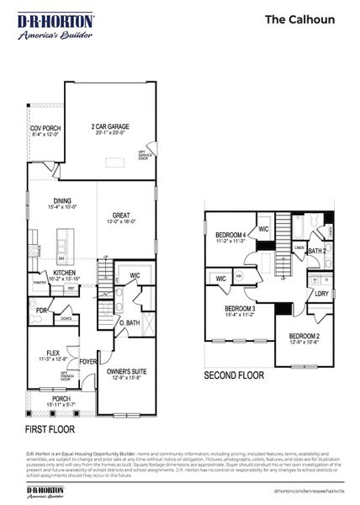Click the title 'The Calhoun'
point(299,19)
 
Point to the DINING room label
point(63,203)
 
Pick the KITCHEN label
point(66,274)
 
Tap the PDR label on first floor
point(40,311)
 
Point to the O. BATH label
point(129,323)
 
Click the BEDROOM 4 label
point(230,237)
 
